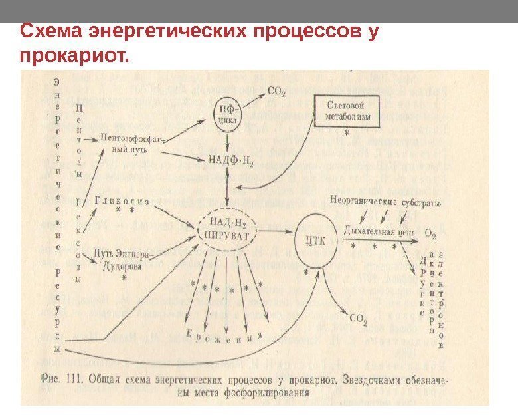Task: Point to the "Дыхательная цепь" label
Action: [380, 233]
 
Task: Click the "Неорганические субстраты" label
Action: [385, 200]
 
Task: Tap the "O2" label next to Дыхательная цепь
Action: [430, 234]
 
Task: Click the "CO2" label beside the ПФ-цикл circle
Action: [277, 90]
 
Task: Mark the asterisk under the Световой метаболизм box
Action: [346, 134]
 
